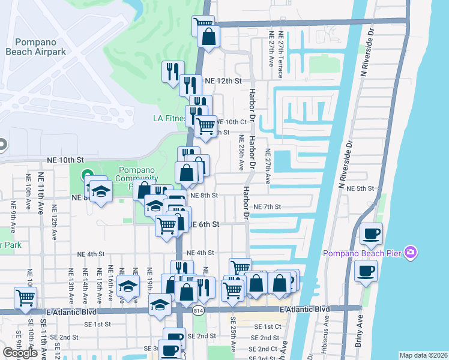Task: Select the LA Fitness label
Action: pos(168,118)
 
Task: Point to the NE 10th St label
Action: pos(64,161)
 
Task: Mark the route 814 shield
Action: pos(197,310)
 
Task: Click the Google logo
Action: pos(20,353)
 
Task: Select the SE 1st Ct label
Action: pos(268,326)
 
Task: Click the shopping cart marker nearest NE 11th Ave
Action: pos(25,298)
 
